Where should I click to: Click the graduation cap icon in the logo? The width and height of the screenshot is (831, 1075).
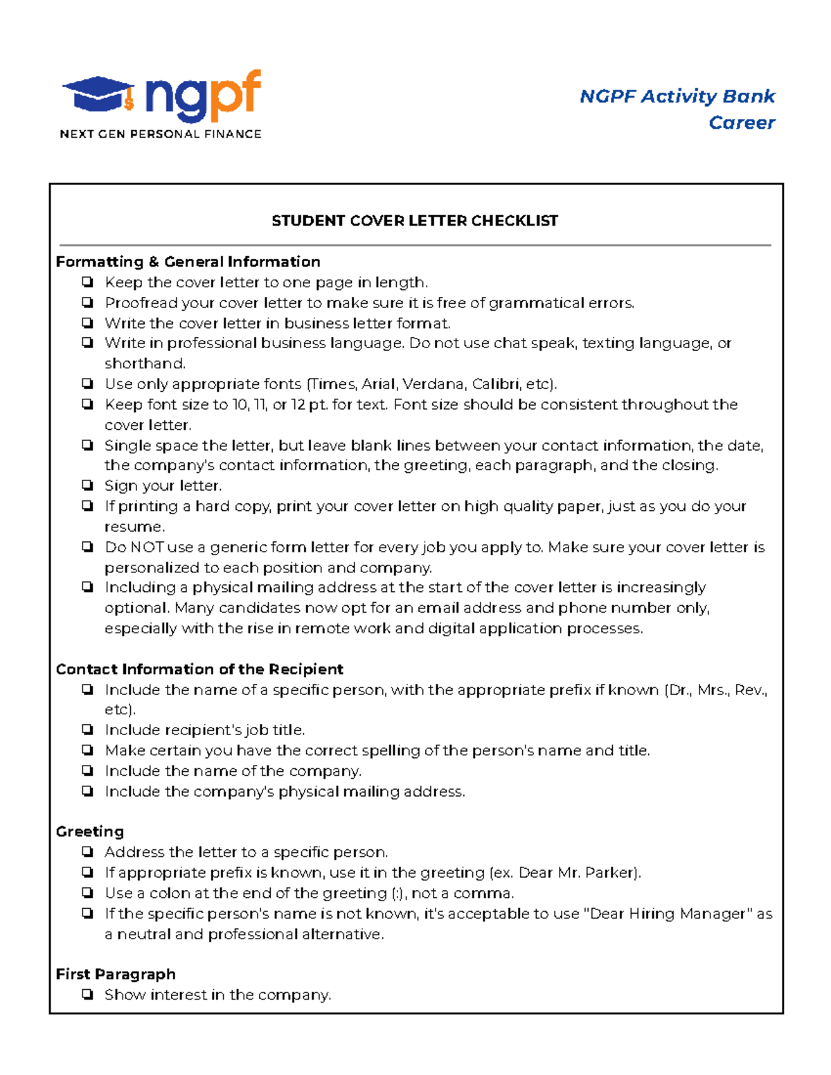click(x=98, y=94)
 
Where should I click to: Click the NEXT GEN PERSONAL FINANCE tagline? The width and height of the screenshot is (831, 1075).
click(x=161, y=134)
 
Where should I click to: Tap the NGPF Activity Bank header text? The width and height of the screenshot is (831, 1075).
click(x=677, y=96)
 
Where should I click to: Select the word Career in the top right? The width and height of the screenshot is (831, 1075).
click(x=741, y=123)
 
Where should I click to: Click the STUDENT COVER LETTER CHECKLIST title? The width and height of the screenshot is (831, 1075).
click(x=414, y=221)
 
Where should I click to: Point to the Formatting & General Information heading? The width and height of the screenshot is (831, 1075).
click(x=188, y=262)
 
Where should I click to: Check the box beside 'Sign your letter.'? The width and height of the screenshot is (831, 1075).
click(x=87, y=485)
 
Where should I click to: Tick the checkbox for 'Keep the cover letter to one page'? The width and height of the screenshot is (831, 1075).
click(x=87, y=282)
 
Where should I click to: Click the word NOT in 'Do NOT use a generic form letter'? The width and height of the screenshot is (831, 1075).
click(x=148, y=547)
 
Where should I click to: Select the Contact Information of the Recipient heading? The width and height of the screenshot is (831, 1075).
click(x=199, y=669)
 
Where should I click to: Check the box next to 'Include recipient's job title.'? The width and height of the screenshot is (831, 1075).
click(x=87, y=730)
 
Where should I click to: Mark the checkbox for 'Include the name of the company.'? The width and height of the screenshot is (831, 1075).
click(x=87, y=770)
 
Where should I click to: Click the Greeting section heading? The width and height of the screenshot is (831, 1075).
click(x=90, y=831)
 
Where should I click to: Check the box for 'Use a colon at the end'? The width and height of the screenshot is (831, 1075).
click(x=87, y=893)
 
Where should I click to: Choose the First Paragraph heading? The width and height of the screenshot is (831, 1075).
click(x=116, y=974)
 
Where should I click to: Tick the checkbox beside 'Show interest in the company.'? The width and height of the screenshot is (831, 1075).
click(x=87, y=995)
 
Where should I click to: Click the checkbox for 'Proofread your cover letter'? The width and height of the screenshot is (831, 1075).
click(x=87, y=302)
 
